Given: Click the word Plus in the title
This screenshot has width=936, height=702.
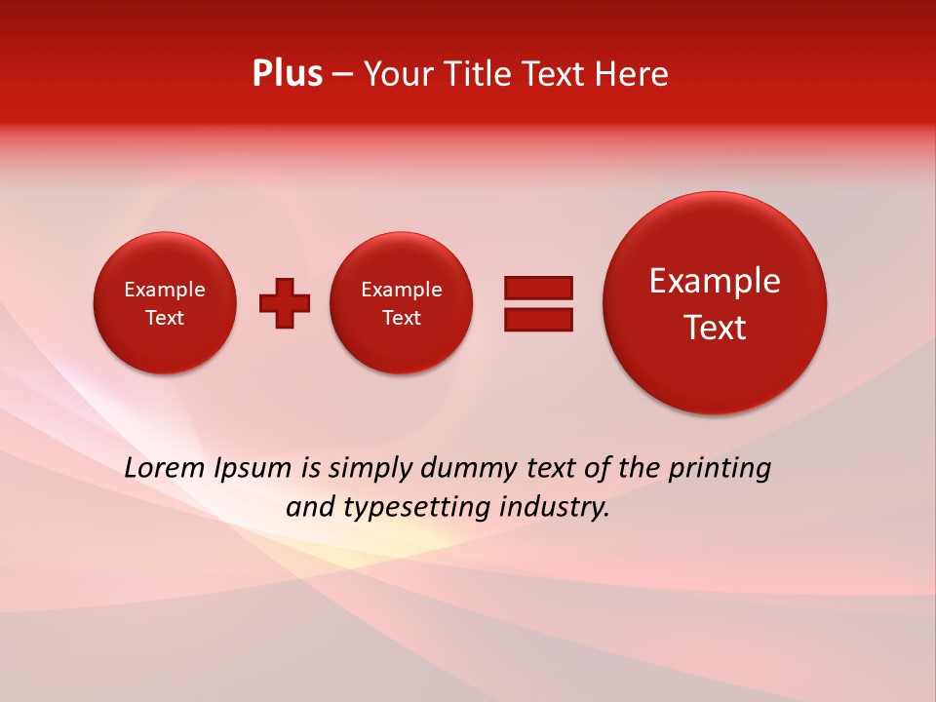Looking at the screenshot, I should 287,74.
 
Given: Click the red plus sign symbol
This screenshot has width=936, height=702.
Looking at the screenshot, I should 285,303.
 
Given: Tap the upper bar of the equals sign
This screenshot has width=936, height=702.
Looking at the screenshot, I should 538,288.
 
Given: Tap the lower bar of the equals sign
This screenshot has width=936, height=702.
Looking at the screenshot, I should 538,320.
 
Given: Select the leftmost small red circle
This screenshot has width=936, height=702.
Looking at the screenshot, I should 165,303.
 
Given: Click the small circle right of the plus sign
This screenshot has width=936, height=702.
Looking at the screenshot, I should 402,303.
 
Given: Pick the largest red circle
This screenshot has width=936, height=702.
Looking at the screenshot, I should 715,303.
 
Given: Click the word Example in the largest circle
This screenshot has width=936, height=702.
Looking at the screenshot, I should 715,281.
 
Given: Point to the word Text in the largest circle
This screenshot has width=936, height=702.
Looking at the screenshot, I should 715,328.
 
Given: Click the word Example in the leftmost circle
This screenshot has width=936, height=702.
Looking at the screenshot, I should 165,290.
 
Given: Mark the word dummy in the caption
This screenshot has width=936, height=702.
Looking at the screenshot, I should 469,469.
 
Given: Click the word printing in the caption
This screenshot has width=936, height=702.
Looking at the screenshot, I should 719,469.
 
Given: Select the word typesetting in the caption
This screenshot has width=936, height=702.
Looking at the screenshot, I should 412,508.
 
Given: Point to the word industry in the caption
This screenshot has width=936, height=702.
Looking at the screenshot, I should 554,508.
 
